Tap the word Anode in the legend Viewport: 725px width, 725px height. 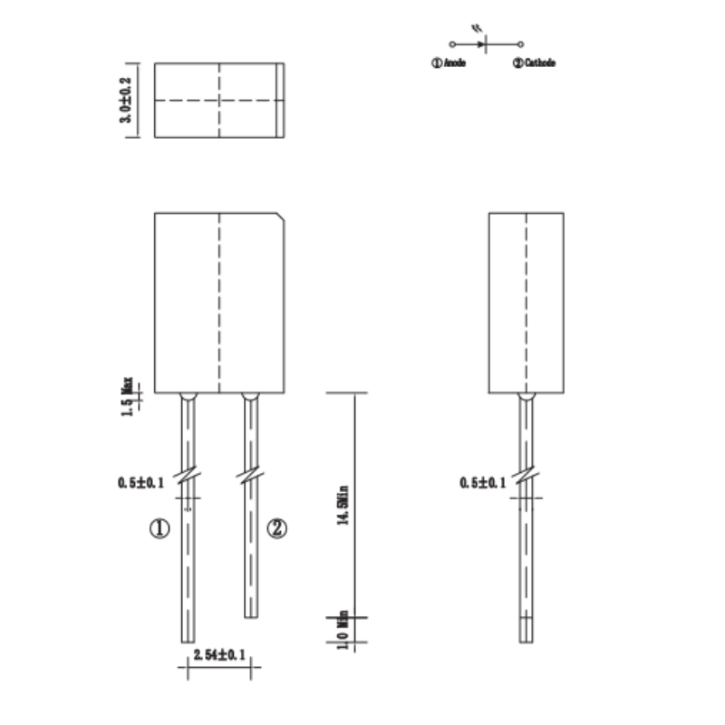[454, 63]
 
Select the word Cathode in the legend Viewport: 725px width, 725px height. [539, 63]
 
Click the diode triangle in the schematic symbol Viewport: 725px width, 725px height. [480, 43]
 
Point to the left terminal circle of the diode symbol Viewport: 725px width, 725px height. [451, 43]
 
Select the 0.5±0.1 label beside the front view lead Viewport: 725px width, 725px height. [140, 483]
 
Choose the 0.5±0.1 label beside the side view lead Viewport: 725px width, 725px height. [483, 483]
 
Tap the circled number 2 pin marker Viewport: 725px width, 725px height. [276, 528]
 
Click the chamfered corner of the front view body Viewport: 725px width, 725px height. [284, 217]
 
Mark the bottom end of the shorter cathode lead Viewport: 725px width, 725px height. [251, 614]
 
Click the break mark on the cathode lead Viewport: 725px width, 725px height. [250, 475]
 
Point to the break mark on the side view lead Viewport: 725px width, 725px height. [526, 475]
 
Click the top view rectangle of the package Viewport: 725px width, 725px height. [220, 101]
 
